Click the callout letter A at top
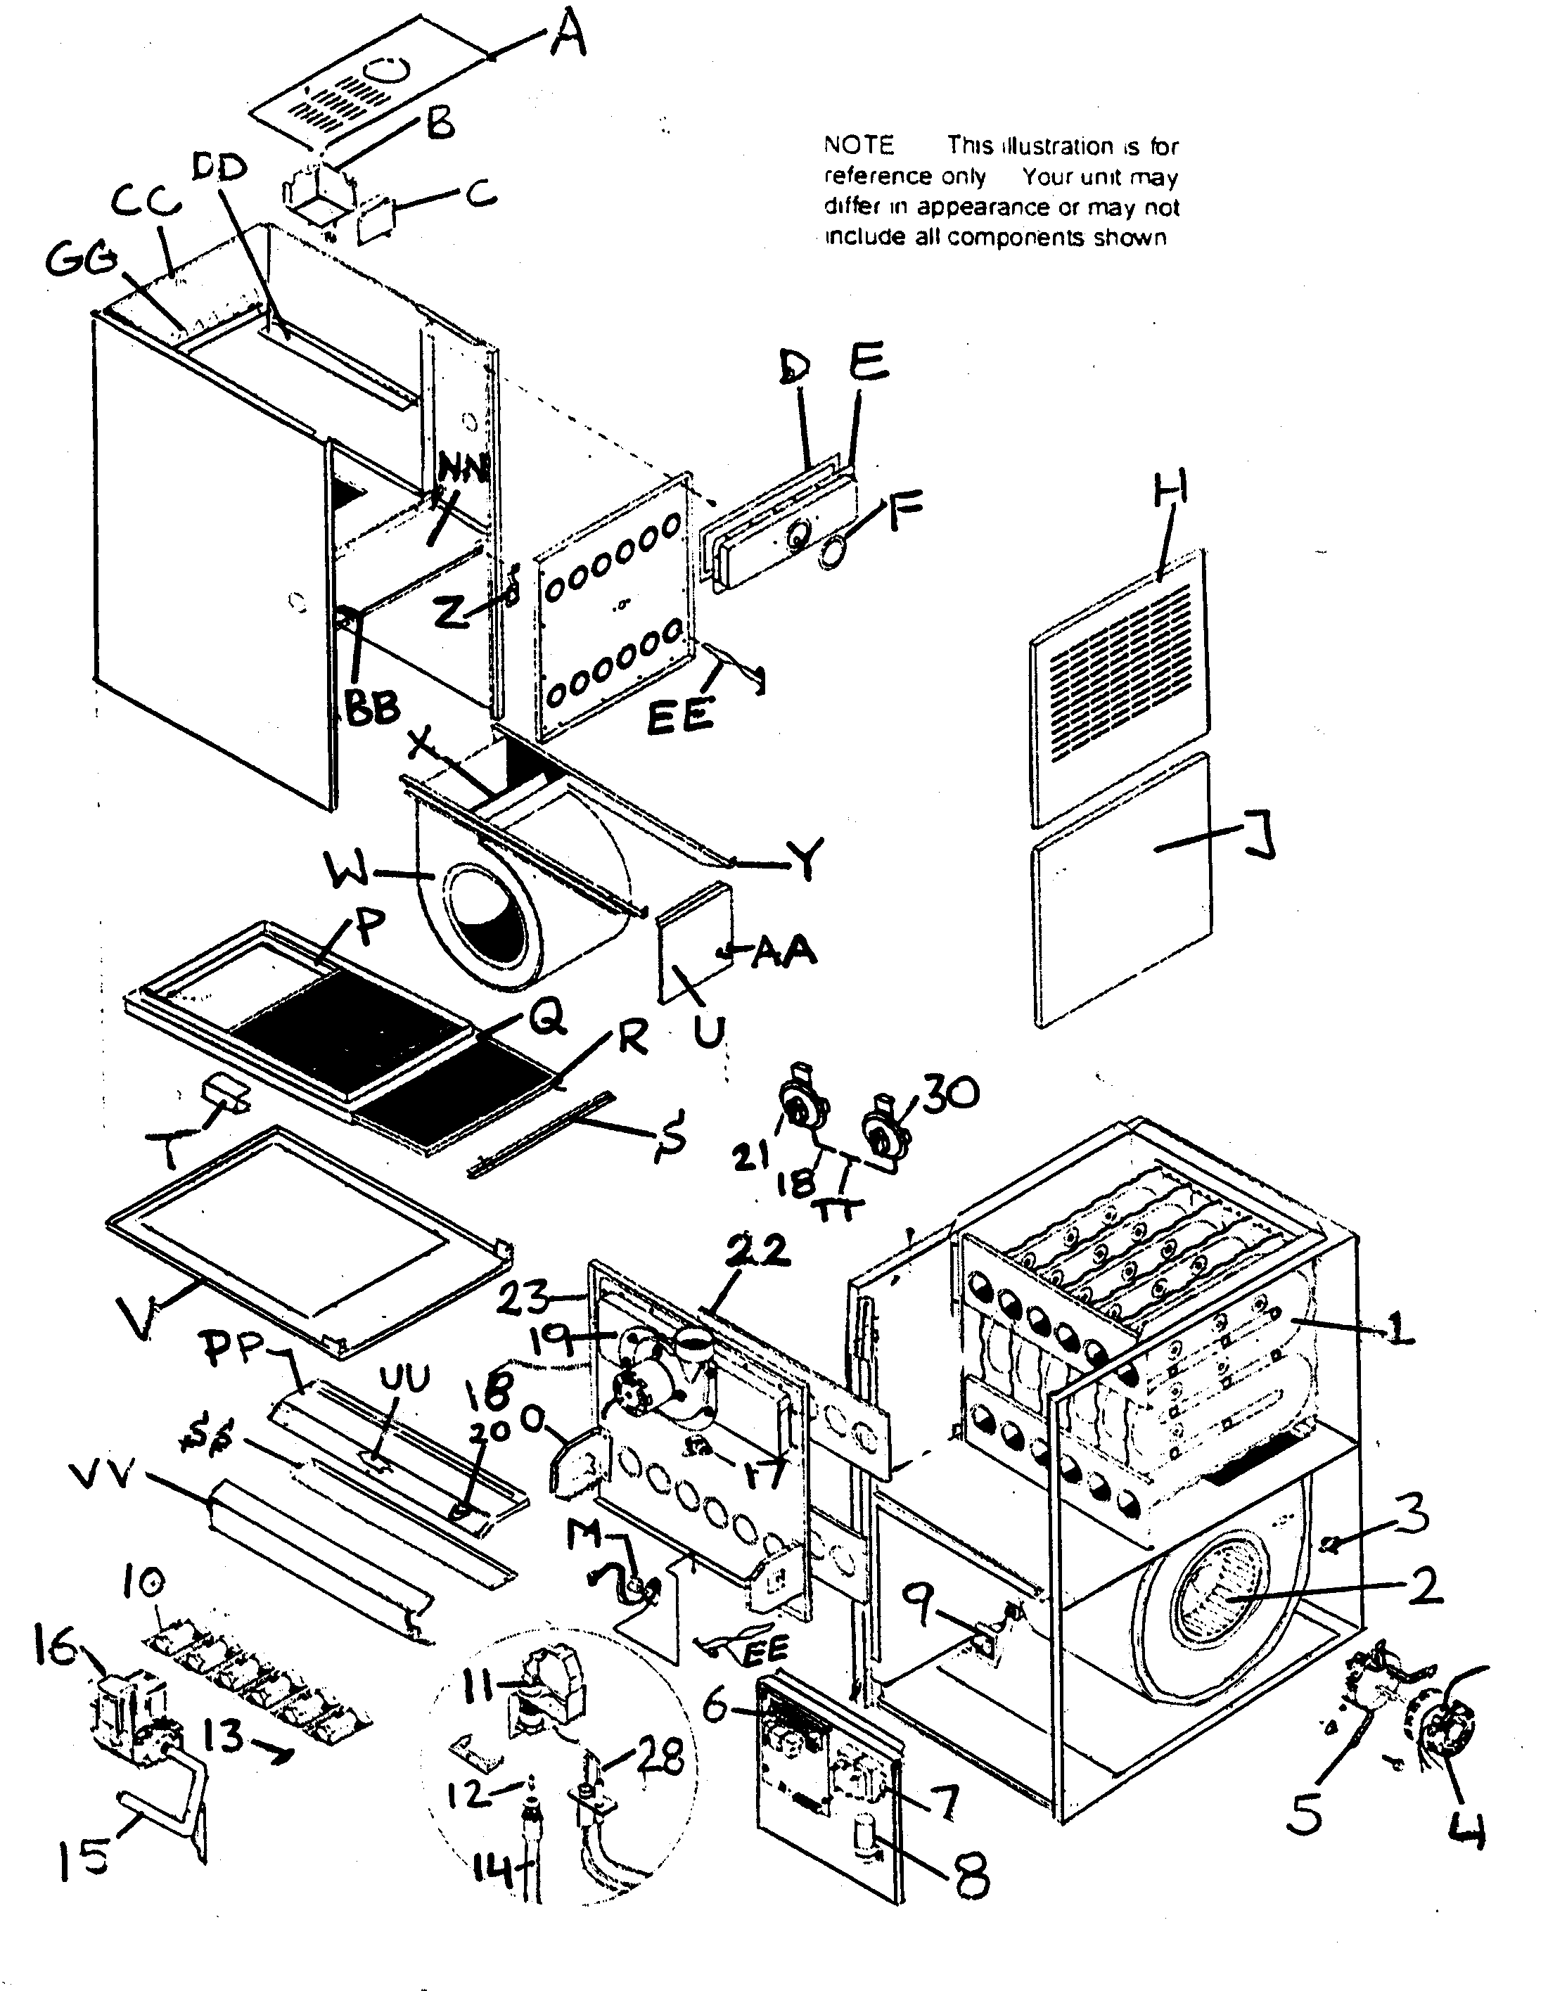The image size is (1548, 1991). coord(568,38)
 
